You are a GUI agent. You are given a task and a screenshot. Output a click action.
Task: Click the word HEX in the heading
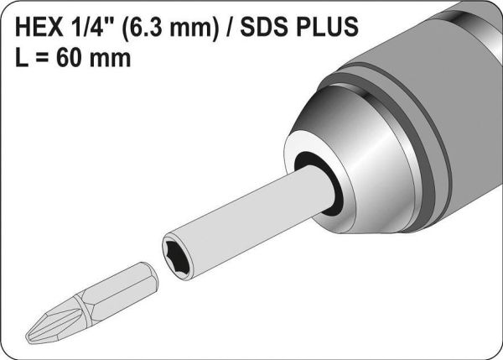[39, 27]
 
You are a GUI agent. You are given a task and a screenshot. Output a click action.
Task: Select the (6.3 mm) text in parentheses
[171, 27]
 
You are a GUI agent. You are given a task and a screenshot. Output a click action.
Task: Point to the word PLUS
[327, 27]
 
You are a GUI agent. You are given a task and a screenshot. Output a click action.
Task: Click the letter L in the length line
[22, 58]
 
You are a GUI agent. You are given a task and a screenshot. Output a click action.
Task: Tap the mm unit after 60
[110, 60]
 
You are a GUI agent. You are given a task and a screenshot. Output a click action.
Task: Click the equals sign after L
[43, 59]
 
